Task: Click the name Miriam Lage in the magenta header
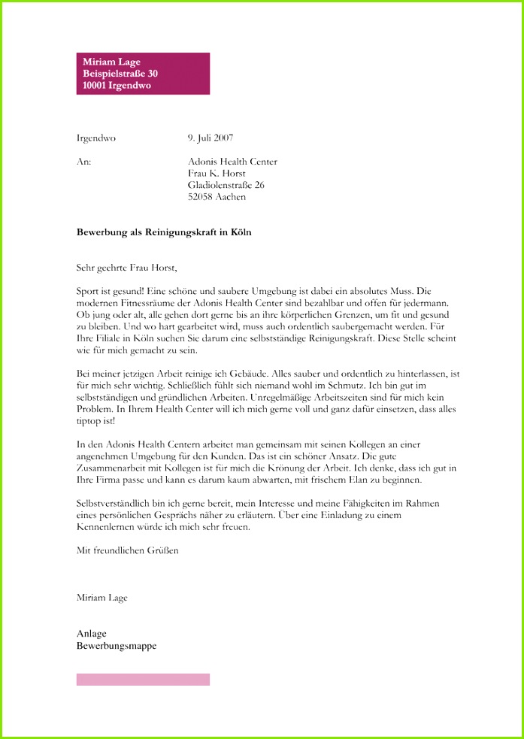111,62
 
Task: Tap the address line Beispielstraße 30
120,74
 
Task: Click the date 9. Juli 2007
211,138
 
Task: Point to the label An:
83,162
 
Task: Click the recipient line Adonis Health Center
232,162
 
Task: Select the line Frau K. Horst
217,174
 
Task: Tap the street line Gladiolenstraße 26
226,185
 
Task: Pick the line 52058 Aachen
217,197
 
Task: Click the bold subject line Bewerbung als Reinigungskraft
164,232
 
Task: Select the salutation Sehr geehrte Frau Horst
126,267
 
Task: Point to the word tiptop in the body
89,421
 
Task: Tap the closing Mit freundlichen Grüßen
128,550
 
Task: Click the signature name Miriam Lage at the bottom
102,598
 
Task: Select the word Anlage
92,633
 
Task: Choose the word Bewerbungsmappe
117,645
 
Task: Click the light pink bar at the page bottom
143,680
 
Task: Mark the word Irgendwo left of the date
96,138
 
